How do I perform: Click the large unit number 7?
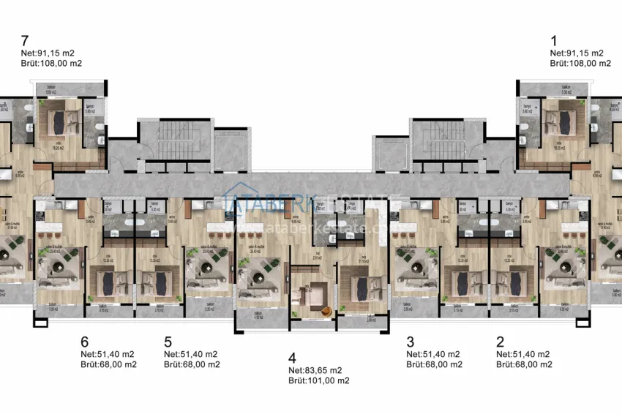click(26, 40)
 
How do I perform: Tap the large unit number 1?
click(554, 40)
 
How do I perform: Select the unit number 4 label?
click(292, 358)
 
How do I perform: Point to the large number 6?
click(84, 342)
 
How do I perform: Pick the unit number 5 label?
click(168, 342)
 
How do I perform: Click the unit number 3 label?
click(410, 342)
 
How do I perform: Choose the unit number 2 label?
click(500, 342)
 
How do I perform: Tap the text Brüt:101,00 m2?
click(318, 380)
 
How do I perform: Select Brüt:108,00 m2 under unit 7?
click(51, 64)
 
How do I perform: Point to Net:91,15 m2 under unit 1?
click(577, 53)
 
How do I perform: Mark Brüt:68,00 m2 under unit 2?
click(524, 364)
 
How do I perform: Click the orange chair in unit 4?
click(326, 311)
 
